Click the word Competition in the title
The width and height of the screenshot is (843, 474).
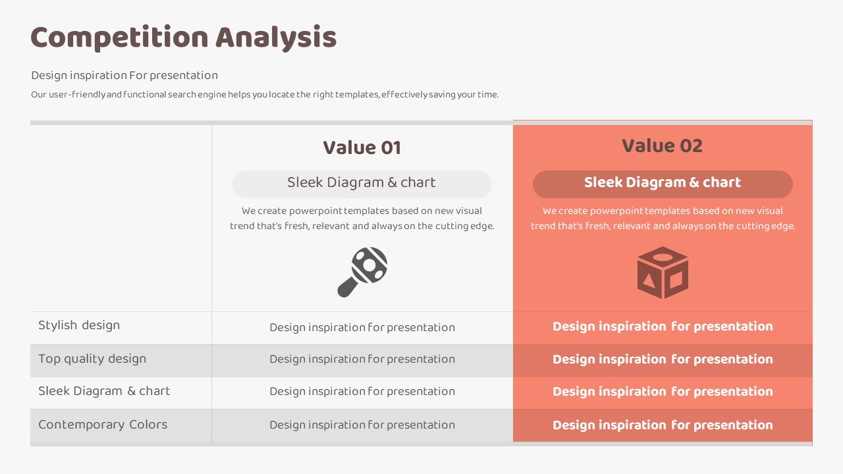click(119, 38)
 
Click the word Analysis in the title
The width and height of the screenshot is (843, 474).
click(276, 38)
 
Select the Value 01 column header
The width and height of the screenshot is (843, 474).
click(362, 147)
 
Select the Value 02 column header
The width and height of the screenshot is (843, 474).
click(663, 145)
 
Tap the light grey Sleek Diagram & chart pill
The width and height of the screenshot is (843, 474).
click(362, 184)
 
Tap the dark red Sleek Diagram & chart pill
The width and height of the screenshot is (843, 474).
click(663, 184)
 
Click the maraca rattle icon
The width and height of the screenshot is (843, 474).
click(362, 272)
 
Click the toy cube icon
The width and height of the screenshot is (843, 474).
click(663, 273)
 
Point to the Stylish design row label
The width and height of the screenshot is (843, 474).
click(79, 325)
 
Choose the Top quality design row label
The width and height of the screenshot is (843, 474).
click(92, 359)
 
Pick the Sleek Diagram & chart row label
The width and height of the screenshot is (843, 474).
click(104, 391)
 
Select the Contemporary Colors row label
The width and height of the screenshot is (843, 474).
click(103, 425)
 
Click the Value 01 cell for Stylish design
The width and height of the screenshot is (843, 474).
click(362, 327)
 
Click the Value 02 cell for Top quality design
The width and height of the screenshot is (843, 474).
click(663, 359)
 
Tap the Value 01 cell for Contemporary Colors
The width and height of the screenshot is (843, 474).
click(362, 425)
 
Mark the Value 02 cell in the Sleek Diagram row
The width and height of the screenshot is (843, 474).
click(663, 391)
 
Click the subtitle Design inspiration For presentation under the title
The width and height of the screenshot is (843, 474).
click(124, 76)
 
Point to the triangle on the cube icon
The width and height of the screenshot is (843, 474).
click(649, 280)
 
